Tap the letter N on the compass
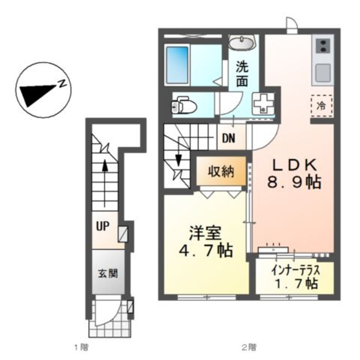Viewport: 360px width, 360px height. point(62,84)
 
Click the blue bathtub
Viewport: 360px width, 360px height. point(177,64)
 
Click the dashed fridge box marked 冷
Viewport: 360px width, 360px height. point(321,105)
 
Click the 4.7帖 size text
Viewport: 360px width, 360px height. point(206,251)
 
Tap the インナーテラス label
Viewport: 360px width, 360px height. point(295,270)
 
